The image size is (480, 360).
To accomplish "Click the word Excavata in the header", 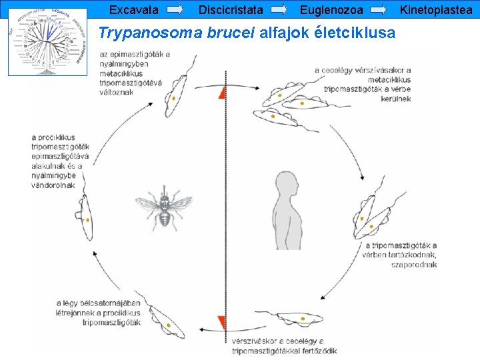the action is click(x=133, y=10).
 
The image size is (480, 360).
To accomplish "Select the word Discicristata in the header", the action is click(x=231, y=10).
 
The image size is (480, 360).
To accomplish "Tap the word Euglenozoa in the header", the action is click(x=331, y=10).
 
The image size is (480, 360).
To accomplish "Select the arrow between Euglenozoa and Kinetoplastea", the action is click(x=378, y=10).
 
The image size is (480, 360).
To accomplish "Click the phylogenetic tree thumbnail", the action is click(x=47, y=41).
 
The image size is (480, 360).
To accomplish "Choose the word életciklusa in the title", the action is click(x=355, y=33).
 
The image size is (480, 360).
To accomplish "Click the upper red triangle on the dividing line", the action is click(x=221, y=93).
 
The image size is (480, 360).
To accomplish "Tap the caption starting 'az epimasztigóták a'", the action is click(x=135, y=73).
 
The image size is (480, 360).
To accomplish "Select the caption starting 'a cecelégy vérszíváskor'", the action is click(x=367, y=84).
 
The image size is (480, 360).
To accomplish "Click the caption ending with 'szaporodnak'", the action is click(x=399, y=255).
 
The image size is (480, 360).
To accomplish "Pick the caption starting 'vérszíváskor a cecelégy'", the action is click(x=285, y=346).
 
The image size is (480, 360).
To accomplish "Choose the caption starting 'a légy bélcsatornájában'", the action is click(x=99, y=312).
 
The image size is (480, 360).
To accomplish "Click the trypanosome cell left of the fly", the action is click(x=86, y=211).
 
